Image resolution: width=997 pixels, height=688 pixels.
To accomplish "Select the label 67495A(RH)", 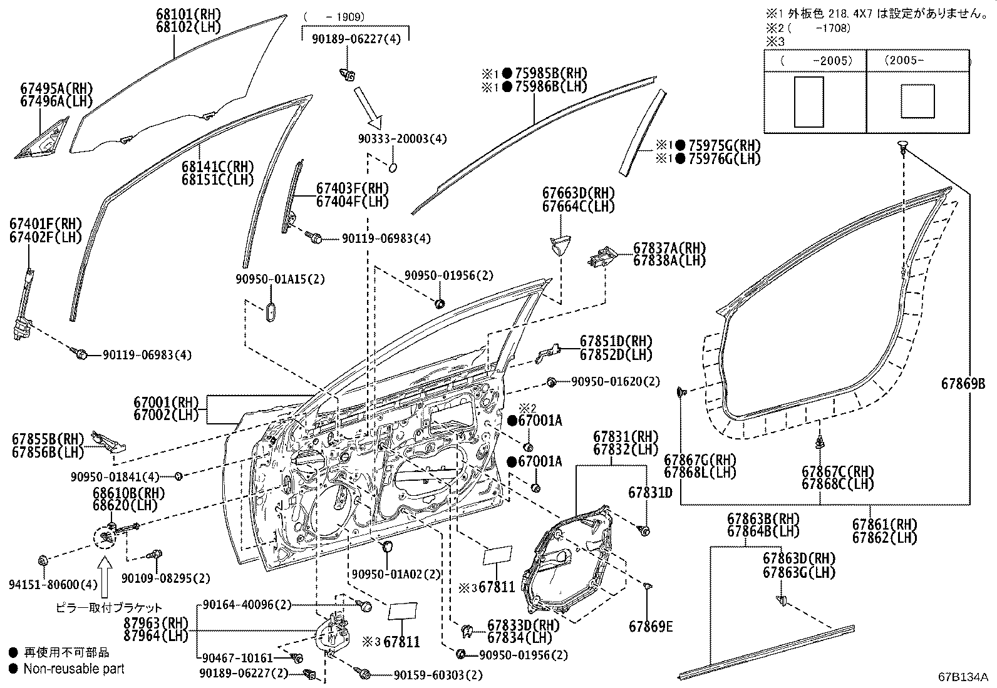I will (x=56, y=88).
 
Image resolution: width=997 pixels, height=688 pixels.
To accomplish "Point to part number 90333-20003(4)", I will (x=394, y=138).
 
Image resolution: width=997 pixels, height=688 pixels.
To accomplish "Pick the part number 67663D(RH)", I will (x=579, y=193).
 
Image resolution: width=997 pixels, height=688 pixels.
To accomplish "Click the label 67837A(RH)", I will (x=669, y=248).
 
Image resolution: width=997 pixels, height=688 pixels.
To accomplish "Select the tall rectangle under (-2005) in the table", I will (x=808, y=101).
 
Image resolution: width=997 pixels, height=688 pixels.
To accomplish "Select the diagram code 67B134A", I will (x=962, y=677).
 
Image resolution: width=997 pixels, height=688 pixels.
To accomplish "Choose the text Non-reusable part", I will (x=74, y=669).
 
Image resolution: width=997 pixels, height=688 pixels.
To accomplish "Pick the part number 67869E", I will (x=651, y=627).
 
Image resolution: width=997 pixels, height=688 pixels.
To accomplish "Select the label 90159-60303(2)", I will (x=438, y=675).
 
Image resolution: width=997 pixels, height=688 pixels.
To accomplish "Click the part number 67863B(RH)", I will (x=763, y=518).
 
